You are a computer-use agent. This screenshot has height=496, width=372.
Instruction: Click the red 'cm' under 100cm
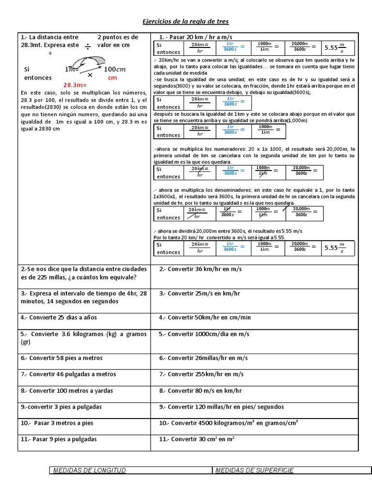[x=112, y=77]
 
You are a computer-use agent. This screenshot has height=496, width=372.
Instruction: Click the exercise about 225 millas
[x=78, y=273]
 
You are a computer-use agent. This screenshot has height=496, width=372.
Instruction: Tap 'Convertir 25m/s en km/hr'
[x=200, y=294]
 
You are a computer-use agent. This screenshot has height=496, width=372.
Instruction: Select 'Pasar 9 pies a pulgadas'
[x=59, y=439]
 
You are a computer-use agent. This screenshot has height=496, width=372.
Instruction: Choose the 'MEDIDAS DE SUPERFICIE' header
[x=254, y=470]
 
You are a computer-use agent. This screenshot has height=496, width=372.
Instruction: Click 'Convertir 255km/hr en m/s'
[x=201, y=374]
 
